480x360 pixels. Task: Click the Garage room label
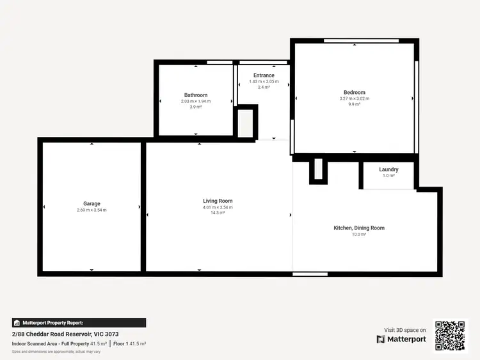pos(92,204)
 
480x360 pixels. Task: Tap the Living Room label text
pos(218,201)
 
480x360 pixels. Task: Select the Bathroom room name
pos(196,95)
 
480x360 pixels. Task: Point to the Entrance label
pos(264,75)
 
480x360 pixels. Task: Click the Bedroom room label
pos(355,93)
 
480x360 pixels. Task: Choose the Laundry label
pos(388,169)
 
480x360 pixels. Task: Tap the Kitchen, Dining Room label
pos(359,228)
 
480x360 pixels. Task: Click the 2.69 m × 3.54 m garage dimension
pos(92,210)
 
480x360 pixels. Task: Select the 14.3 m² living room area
pos(218,213)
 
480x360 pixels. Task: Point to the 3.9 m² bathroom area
pos(196,107)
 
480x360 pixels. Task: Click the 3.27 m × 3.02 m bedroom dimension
pos(355,98)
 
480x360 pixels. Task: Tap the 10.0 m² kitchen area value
pos(359,235)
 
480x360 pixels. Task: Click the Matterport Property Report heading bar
pos(79,323)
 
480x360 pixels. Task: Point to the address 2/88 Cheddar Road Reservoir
pos(65,334)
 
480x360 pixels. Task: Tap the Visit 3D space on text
pos(405,330)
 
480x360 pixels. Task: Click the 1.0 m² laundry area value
pos(388,176)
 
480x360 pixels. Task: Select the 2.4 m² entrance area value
pos(264,87)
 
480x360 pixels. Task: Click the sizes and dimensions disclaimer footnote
pos(56,352)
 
